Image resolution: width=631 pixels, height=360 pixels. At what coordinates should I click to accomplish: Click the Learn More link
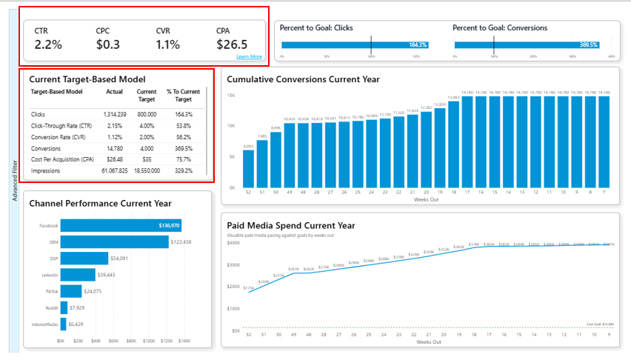pyautogui.click(x=249, y=57)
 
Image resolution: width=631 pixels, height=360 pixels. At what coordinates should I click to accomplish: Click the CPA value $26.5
pyautogui.click(x=231, y=44)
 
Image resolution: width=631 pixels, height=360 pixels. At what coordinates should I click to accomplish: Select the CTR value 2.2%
pyautogui.click(x=48, y=44)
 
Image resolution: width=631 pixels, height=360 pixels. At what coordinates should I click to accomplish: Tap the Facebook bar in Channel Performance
pyautogui.click(x=121, y=225)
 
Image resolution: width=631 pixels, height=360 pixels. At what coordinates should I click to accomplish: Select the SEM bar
pyautogui.click(x=114, y=241)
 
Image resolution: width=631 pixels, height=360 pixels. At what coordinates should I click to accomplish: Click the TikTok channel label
pyautogui.click(x=50, y=291)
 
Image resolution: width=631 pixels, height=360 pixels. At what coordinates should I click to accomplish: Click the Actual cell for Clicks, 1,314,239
pyautogui.click(x=115, y=114)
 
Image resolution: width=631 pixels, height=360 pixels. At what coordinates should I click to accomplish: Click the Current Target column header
pyautogui.click(x=147, y=95)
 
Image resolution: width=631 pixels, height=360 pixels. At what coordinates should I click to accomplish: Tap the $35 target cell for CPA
pyautogui.click(x=147, y=159)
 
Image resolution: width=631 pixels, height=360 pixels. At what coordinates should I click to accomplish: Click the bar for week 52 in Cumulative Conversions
pyautogui.click(x=249, y=168)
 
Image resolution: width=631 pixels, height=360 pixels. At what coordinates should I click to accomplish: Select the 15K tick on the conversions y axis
pyautogui.click(x=231, y=96)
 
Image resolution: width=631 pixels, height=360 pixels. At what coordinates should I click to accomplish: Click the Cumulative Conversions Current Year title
pyautogui.click(x=303, y=79)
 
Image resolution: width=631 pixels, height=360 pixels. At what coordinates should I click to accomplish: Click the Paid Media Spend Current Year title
pyautogui.click(x=291, y=225)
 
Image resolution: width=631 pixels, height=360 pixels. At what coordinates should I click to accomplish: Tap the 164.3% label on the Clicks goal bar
pyautogui.click(x=418, y=45)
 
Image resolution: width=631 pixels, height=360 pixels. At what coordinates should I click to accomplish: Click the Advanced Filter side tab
pyautogui.click(x=15, y=181)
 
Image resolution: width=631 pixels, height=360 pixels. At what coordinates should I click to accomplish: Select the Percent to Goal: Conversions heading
pyautogui.click(x=500, y=28)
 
